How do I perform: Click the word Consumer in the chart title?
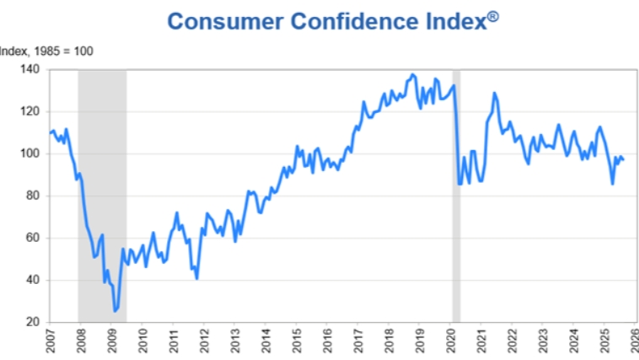[x=218, y=21]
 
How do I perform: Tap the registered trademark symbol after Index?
[x=492, y=14]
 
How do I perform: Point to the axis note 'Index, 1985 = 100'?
[x=46, y=51]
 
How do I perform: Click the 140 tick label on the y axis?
[x=31, y=69]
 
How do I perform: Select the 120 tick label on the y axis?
[x=31, y=111]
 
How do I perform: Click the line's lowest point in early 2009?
[x=115, y=311]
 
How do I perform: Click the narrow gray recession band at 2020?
[x=456, y=194]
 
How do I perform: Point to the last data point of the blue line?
[x=623, y=160]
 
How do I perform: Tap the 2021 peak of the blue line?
[x=494, y=93]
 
